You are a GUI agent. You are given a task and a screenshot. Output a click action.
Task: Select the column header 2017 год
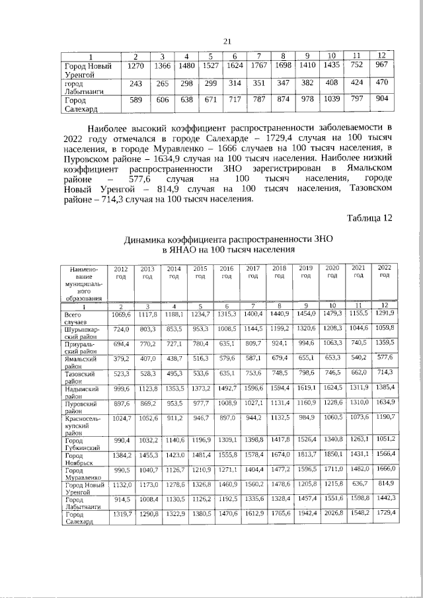252,273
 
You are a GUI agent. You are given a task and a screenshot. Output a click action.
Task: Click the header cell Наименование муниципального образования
81,284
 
